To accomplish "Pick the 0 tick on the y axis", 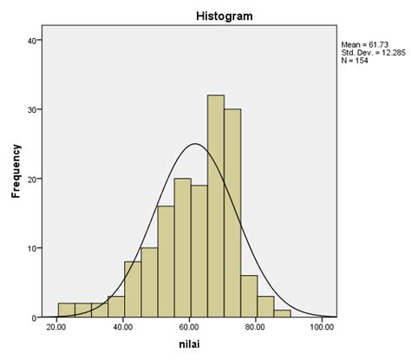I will coord(32,317).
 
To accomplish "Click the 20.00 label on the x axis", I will coord(58,328).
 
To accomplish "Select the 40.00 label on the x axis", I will coord(124,328).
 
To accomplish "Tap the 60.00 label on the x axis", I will coord(191,328).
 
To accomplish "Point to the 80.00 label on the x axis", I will coord(257,328).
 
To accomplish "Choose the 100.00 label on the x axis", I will coord(322,328).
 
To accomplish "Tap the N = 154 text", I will coord(356,62).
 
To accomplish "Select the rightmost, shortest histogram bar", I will coord(282,314).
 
